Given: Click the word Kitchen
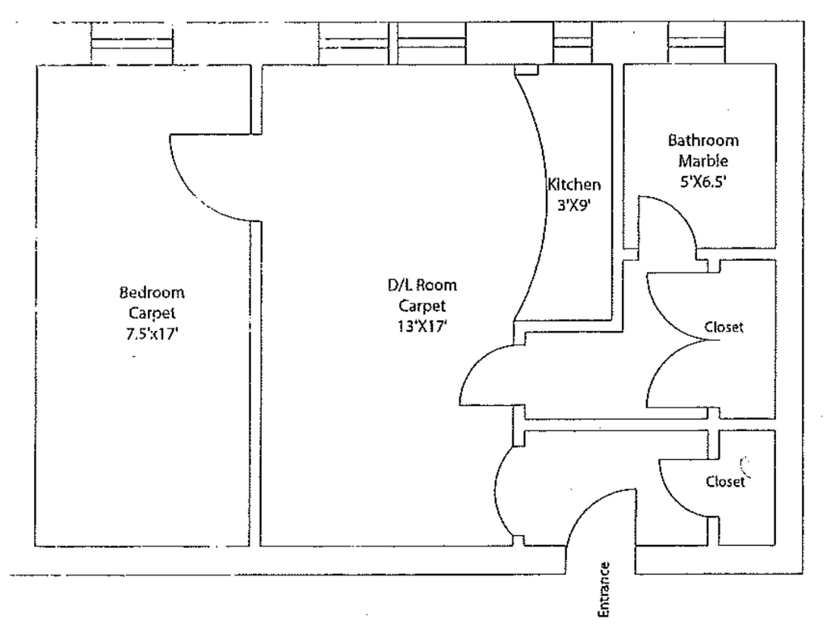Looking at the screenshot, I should coord(573,184).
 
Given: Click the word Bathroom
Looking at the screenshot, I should coord(703,140).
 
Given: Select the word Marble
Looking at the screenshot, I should coord(703,161).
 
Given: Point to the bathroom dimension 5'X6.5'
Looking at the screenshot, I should coord(703,182).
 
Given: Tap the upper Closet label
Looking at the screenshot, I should coord(724,327).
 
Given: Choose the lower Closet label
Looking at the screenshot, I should coord(724,482).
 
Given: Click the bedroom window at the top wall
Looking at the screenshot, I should coord(132,44).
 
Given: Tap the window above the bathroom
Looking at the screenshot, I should coord(698,44).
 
